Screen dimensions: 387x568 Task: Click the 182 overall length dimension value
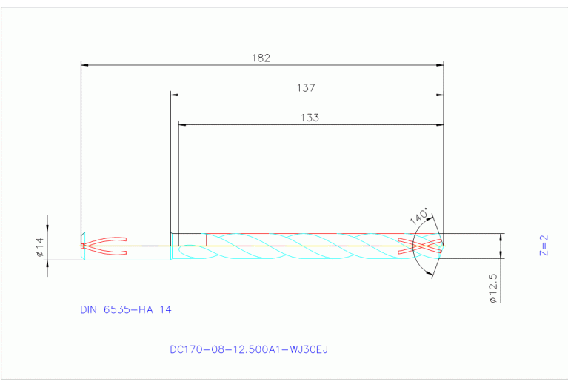(x=261, y=58)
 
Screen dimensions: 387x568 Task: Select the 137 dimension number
(x=306, y=87)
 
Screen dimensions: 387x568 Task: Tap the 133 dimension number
(x=310, y=117)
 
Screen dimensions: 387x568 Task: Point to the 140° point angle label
(x=419, y=217)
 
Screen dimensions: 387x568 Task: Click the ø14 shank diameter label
(x=41, y=246)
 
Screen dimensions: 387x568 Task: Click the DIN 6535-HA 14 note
(x=126, y=309)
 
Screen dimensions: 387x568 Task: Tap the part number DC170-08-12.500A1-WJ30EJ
(x=249, y=349)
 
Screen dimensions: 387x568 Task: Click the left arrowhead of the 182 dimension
(x=84, y=65)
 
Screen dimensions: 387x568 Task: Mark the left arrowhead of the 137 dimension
(x=174, y=95)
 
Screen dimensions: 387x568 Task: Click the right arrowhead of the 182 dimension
(x=440, y=65)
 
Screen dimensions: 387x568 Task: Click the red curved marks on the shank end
(x=104, y=246)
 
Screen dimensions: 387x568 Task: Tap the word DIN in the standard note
(x=90, y=309)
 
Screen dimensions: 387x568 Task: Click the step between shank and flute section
(x=171, y=246)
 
